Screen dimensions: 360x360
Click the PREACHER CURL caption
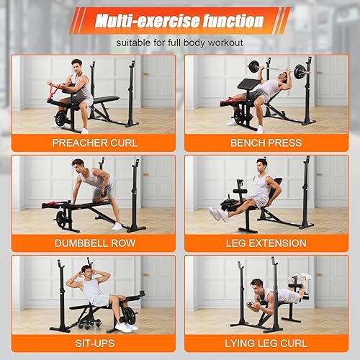(94, 143)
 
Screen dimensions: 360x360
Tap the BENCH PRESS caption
(266, 143)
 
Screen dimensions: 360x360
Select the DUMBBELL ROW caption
(94, 243)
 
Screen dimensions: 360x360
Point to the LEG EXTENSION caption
(266, 243)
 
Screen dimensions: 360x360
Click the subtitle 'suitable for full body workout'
(179, 42)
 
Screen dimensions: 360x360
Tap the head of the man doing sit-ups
(87, 272)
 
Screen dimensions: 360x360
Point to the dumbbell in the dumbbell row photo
(109, 192)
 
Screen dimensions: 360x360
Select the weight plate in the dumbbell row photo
(60, 218)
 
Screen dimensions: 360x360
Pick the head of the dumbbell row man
(78, 166)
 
